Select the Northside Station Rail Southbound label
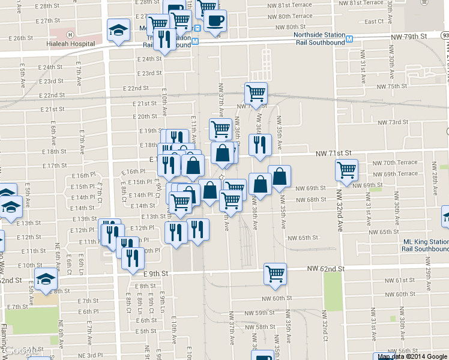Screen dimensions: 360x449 click(319, 38)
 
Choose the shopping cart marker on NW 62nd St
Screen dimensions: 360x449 click(275, 274)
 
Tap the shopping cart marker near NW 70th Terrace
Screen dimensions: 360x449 click(347, 170)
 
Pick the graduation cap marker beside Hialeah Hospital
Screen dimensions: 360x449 click(118, 30)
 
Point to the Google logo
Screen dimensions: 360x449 click(22, 350)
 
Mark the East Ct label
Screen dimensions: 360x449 click(374, 22)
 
